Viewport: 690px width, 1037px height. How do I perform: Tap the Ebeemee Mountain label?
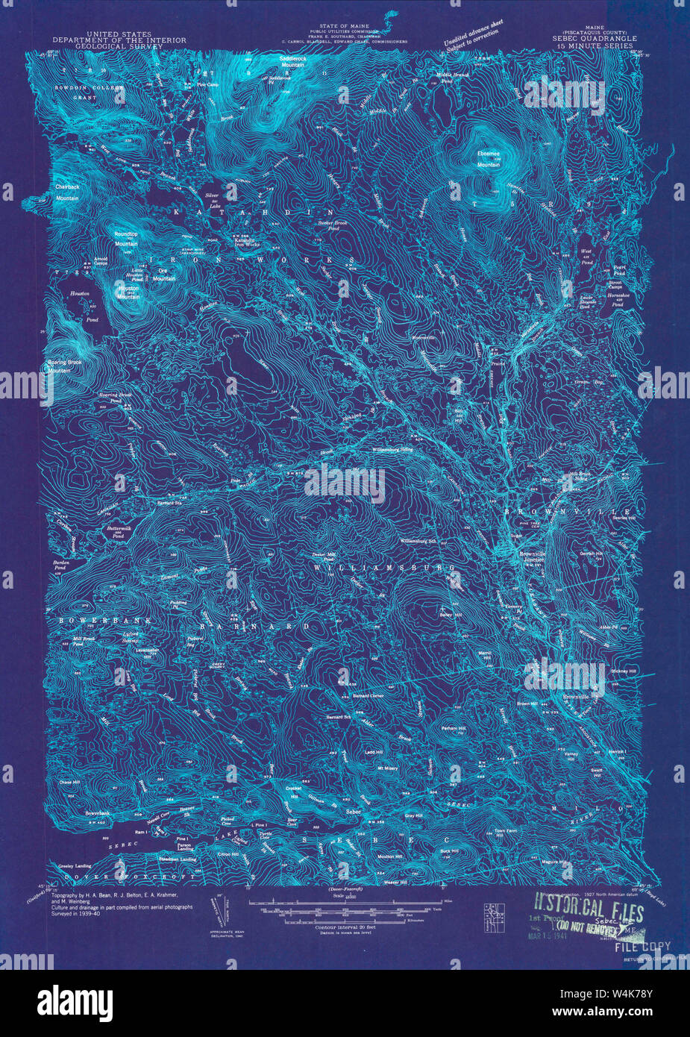pos(489,158)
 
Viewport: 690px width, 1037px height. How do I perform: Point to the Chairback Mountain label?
pos(66,193)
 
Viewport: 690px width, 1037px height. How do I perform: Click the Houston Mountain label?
pos(128,292)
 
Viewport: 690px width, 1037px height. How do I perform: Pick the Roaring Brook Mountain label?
pos(69,366)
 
